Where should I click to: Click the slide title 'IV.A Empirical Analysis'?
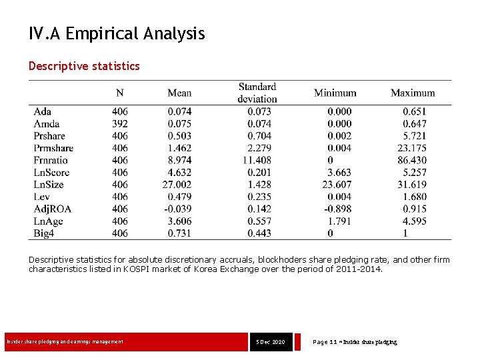(117, 33)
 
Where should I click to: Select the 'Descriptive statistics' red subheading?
(84, 66)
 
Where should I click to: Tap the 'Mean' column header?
(179, 93)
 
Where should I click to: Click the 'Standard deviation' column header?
(257, 93)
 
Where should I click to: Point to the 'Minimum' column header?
(335, 93)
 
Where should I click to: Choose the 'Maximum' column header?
(412, 93)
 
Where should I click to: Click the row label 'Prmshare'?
(53, 148)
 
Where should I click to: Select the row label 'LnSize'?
(49, 185)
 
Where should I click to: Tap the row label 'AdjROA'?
(52, 209)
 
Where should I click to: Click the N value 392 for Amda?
(120, 123)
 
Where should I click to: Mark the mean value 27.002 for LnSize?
(177, 185)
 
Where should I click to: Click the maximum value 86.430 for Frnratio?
(411, 160)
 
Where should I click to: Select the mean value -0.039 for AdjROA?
(177, 209)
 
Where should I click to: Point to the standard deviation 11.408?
(257, 160)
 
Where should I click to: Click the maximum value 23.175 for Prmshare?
(411, 148)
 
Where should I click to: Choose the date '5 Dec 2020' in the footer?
(270, 342)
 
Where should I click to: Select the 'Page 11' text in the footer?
(325, 342)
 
